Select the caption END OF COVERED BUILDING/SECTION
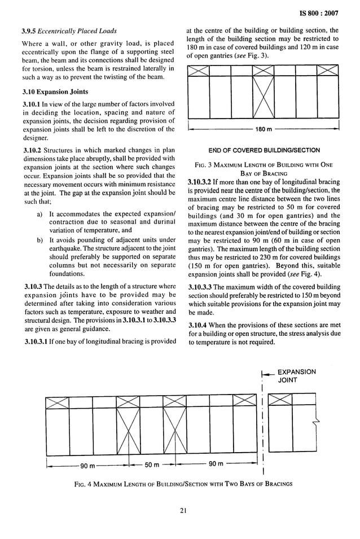coord(264,150)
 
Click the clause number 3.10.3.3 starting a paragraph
coord(202,288)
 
